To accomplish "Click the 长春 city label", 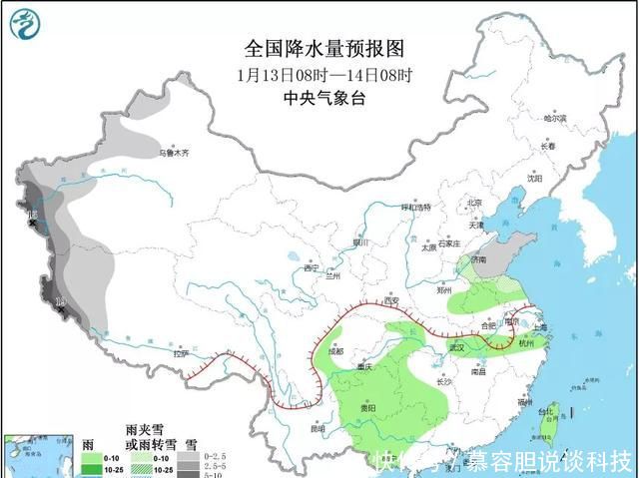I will (x=547, y=147).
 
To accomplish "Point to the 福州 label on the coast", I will (x=524, y=402).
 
